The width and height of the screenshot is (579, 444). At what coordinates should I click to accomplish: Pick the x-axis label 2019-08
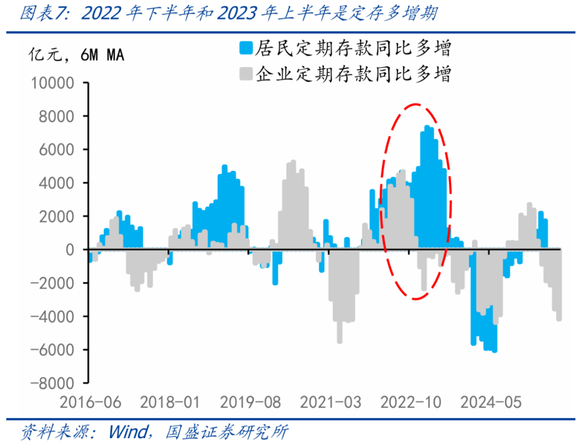[x=249, y=402]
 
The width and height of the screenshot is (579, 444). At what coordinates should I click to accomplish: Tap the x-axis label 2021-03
[x=330, y=402]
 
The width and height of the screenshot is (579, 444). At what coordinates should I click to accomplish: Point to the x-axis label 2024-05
[x=491, y=402]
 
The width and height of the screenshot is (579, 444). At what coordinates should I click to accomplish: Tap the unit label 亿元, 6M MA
[x=76, y=55]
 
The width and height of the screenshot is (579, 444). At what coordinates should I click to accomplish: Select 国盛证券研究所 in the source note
[x=227, y=431]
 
